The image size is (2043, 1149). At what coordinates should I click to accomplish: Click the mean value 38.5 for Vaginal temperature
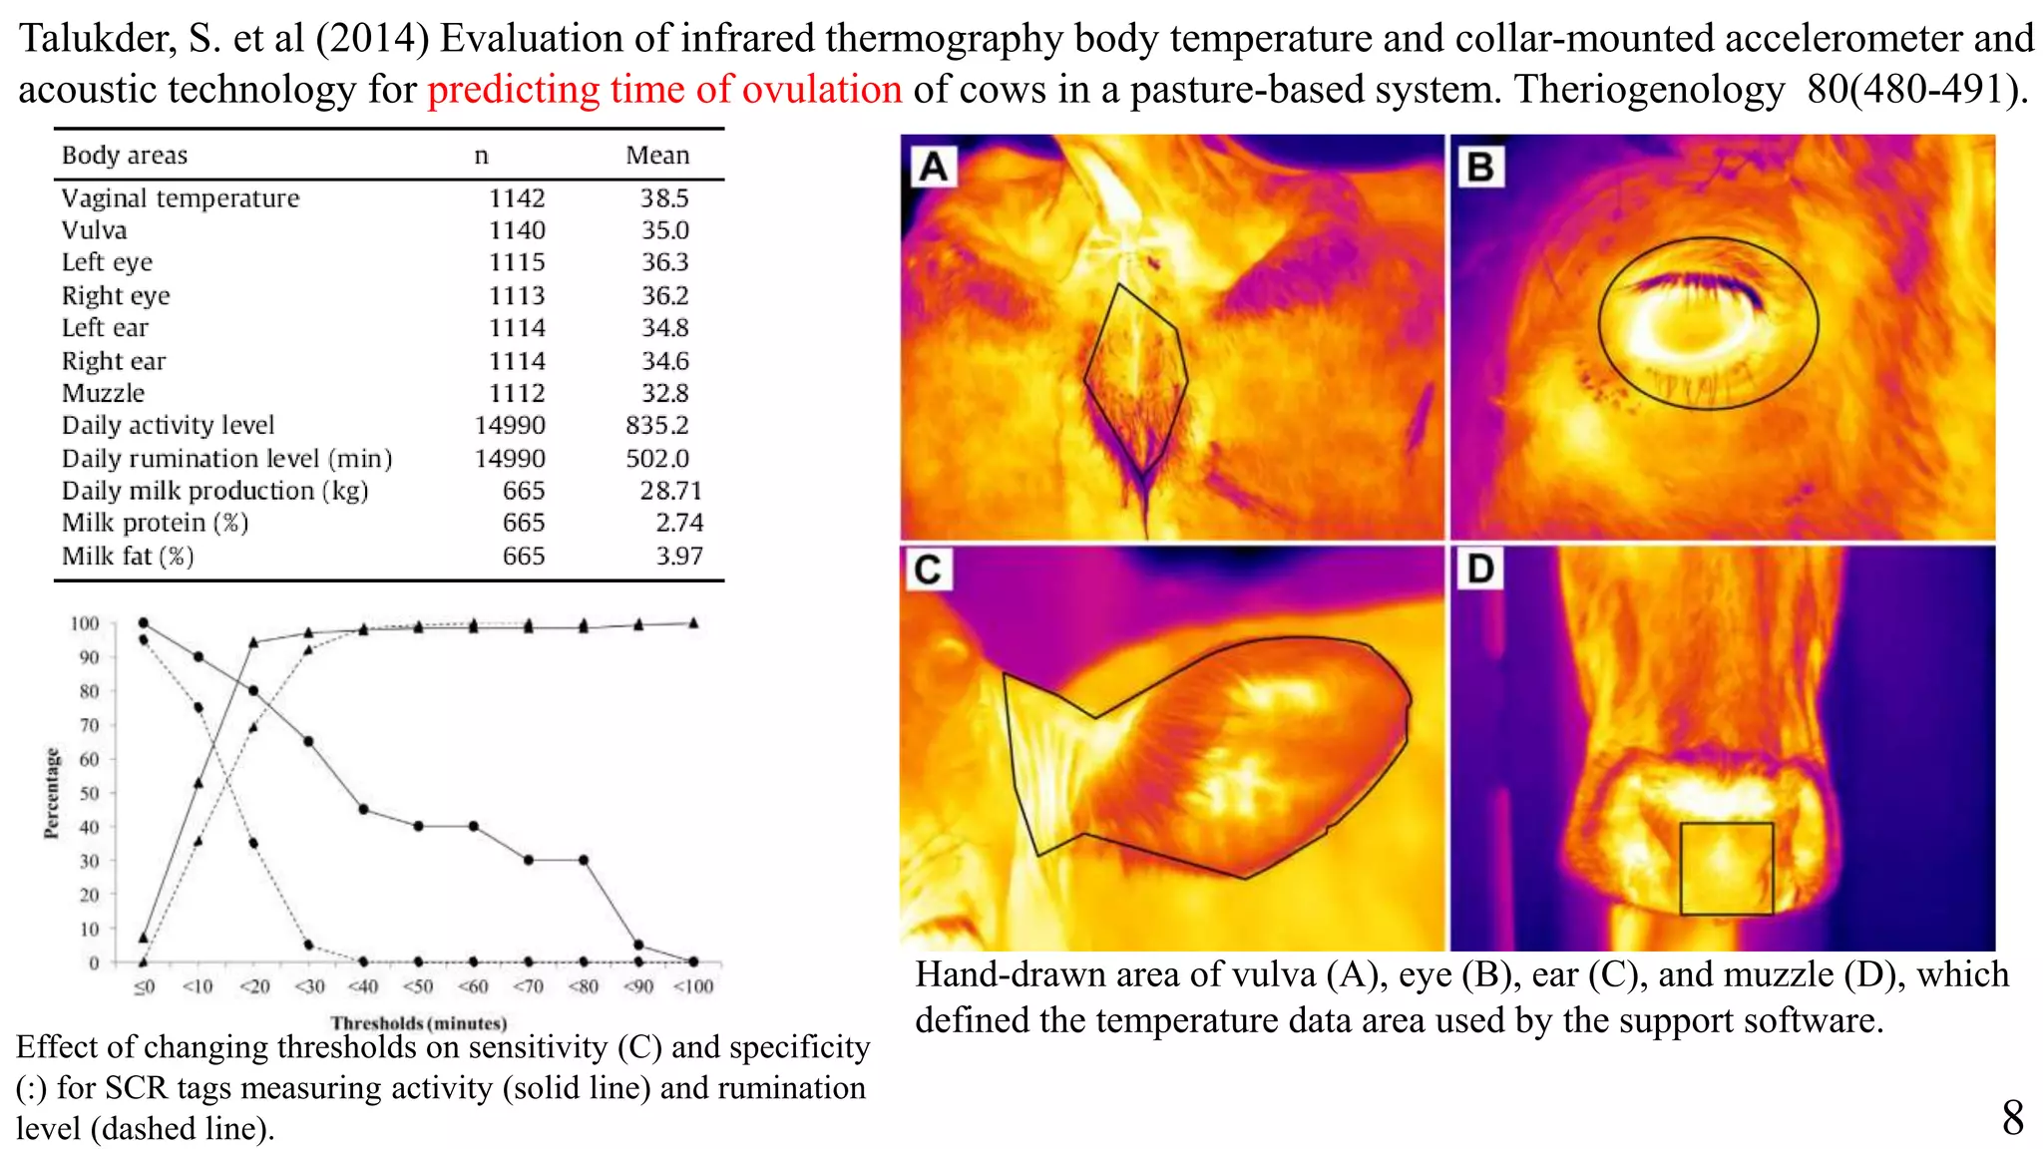coord(664,198)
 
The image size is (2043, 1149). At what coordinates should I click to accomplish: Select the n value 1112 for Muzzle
coord(517,393)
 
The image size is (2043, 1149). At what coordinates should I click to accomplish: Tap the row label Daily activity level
coord(168,426)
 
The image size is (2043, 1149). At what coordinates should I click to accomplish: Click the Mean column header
coord(657,156)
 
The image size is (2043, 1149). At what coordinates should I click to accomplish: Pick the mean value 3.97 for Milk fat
coord(678,557)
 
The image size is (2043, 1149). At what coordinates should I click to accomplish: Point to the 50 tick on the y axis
coord(89,794)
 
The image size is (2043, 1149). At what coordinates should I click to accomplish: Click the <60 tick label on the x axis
coord(473,987)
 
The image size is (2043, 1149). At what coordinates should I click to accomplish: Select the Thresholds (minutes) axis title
coord(419,1023)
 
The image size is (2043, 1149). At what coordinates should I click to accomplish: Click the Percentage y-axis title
coord(52,794)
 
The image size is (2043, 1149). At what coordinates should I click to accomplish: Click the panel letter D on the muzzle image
coord(1480,570)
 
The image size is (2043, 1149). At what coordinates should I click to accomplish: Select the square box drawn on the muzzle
coord(1726,868)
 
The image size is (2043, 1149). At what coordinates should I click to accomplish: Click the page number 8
coord(2012,1118)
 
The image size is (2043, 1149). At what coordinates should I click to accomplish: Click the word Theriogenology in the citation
coord(1649,90)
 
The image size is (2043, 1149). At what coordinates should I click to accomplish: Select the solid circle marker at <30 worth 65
coord(308,742)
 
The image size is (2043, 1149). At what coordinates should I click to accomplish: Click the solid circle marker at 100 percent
coord(144,623)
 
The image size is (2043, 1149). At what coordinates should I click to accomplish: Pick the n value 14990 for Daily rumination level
coord(510,459)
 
